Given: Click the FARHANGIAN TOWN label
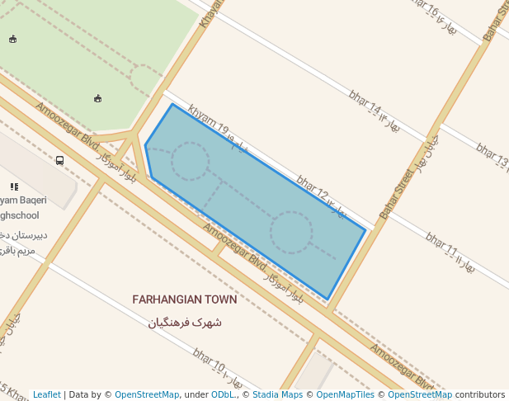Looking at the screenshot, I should [x=184, y=300].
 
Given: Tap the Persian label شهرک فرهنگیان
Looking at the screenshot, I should [x=185, y=322].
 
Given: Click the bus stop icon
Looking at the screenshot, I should [x=59, y=161].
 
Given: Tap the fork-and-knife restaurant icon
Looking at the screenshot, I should [x=14, y=187].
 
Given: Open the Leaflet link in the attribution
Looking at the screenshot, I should [x=46, y=394].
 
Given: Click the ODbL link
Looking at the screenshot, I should [x=223, y=394].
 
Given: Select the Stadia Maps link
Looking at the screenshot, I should [x=277, y=394].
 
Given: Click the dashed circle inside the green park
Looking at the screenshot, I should [x=145, y=80].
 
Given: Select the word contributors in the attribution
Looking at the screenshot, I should [x=480, y=394].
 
